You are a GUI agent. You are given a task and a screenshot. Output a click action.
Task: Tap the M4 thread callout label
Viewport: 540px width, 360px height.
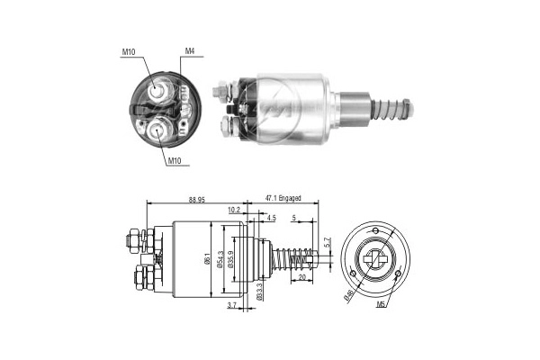pos(191,51)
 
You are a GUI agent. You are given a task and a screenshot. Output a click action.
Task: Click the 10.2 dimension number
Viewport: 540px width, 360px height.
pos(234,210)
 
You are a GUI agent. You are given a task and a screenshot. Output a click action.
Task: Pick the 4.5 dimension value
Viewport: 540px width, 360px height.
pos(271,217)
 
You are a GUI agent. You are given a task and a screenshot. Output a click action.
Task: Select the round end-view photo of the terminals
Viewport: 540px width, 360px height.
pos(163,111)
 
